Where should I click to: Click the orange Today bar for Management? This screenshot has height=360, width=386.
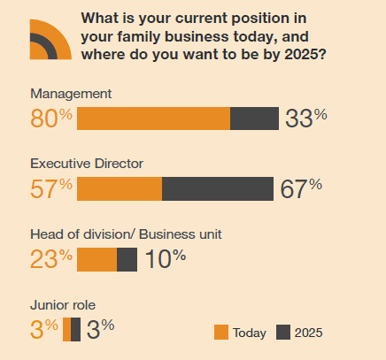(x=153, y=119)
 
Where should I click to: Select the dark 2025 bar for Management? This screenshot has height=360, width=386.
(x=254, y=119)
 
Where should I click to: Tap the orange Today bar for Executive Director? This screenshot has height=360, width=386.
(x=120, y=188)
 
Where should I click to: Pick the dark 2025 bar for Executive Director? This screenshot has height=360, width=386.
(x=218, y=188)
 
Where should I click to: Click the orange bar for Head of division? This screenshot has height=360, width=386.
(x=97, y=259)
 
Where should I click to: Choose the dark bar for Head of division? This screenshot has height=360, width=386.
(x=127, y=259)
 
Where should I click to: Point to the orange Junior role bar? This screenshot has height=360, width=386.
(x=67, y=329)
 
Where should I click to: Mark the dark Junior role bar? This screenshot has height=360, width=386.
(x=76, y=329)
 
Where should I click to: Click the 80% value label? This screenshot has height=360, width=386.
(x=51, y=119)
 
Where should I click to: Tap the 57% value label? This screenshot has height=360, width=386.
(x=51, y=188)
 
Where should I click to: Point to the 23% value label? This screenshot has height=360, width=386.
(x=51, y=258)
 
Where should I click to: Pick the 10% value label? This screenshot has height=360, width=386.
(x=166, y=258)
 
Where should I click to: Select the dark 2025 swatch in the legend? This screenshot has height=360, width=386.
(x=283, y=333)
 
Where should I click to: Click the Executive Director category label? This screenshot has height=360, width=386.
(x=87, y=164)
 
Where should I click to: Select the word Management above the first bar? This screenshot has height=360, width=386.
(x=69, y=94)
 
